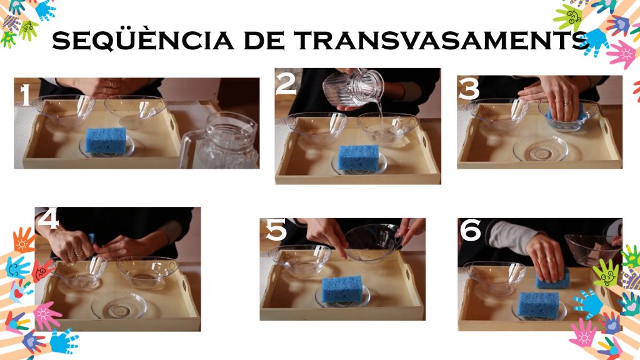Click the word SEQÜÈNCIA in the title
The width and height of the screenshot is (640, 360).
pyautogui.click(x=143, y=40)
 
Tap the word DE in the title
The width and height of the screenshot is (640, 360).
pyautogui.click(x=264, y=41)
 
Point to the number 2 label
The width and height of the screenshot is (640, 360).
pyautogui.click(x=286, y=83)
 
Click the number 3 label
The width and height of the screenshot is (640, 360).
pyautogui.click(x=469, y=89)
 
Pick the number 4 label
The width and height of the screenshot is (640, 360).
pyautogui.click(x=49, y=218)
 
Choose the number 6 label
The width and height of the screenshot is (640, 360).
pyautogui.click(x=471, y=230)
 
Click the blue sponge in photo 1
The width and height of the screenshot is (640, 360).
pyautogui.click(x=106, y=141)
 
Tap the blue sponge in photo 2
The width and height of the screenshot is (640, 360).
pyautogui.click(x=359, y=157)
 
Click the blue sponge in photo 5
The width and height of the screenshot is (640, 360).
pyautogui.click(x=342, y=289)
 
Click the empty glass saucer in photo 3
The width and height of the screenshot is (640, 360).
pyautogui.click(x=541, y=149)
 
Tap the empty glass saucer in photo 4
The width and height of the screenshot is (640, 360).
pyautogui.click(x=119, y=305)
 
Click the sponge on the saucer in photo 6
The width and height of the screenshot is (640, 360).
pyautogui.click(x=539, y=304)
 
